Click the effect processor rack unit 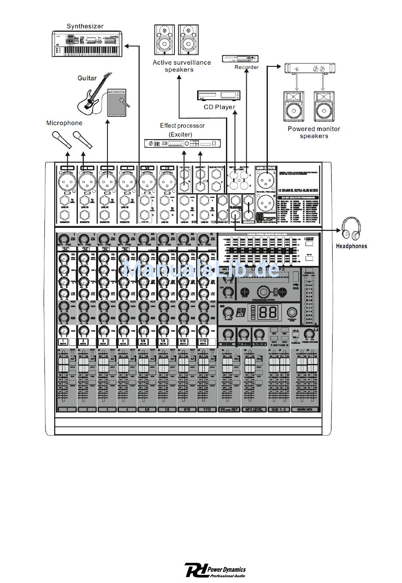(182, 144)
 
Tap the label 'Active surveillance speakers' (182, 66)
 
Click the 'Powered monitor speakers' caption (314, 132)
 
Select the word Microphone (64, 123)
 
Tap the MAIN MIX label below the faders (308, 409)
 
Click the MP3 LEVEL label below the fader (254, 409)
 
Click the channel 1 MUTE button (63, 342)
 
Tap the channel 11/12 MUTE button (203, 342)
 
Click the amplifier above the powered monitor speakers (310, 68)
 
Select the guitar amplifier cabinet (117, 103)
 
